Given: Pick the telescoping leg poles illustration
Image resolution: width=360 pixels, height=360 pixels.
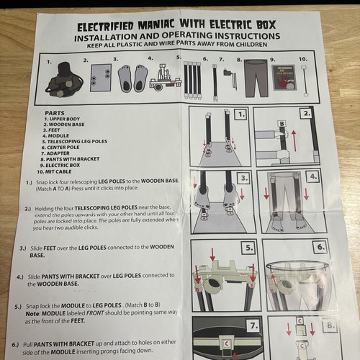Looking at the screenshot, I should (192, 78).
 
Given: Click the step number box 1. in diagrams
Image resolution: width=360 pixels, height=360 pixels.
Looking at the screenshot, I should (240, 114).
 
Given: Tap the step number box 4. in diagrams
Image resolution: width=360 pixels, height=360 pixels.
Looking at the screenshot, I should (312, 176).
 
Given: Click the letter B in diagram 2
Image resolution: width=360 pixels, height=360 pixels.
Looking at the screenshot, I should (282, 124).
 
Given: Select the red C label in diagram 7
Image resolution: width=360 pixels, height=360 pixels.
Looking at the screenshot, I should (225, 344).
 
